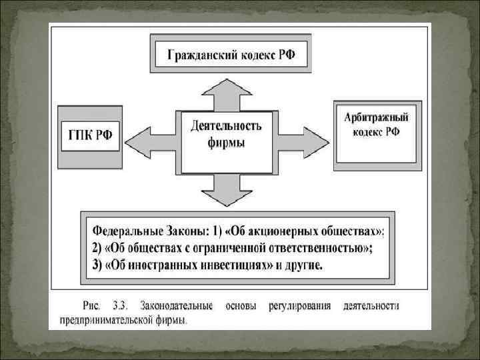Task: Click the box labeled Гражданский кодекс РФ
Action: pos(231,55)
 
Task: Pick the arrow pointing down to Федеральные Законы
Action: pos(227,190)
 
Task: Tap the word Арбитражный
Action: pos(377,118)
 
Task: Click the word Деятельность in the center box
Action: pos(226,126)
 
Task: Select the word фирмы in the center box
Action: pos(226,143)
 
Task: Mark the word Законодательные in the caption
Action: pos(177,307)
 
